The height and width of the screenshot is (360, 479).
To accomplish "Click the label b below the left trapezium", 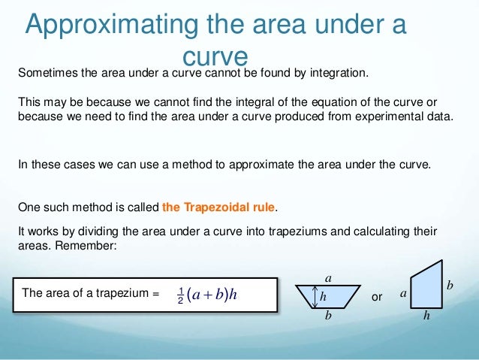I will coord(327,316).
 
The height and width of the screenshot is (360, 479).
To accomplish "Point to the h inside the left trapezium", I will coord(324,297).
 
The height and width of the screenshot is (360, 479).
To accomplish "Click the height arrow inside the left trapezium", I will coord(314,297).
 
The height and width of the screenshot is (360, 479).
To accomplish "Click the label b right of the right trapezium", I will coord(450,286).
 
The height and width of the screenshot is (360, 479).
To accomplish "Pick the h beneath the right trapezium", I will coord(426,316).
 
